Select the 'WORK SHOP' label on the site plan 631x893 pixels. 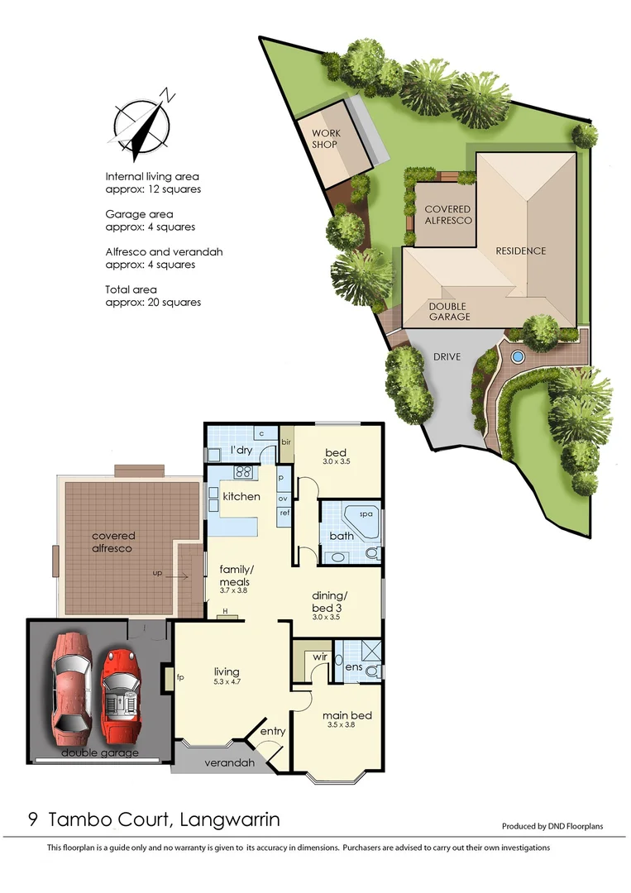click(x=326, y=139)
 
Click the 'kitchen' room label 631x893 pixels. click(x=241, y=497)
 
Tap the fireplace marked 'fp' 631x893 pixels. click(x=169, y=678)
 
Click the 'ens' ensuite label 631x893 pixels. click(x=354, y=666)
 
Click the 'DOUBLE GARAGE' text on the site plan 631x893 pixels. click(x=449, y=311)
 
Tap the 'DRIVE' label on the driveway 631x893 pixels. click(x=446, y=357)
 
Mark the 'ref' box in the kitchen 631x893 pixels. click(x=283, y=513)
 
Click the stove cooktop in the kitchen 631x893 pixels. click(x=244, y=473)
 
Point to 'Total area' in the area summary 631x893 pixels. click(x=131, y=290)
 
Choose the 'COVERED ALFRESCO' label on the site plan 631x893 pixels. click(x=447, y=215)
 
